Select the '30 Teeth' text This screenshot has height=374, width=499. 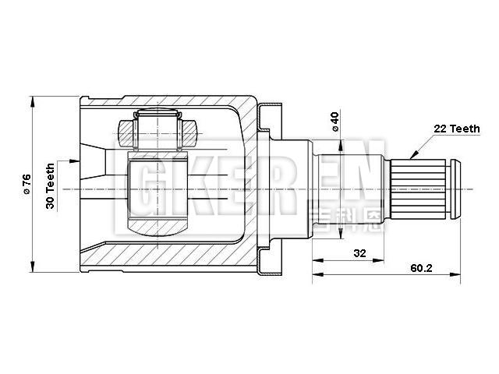pyautogui.click(x=51, y=184)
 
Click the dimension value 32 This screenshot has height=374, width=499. pyautogui.click(x=360, y=253)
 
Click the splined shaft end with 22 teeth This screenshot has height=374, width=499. pyautogui.click(x=425, y=185)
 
